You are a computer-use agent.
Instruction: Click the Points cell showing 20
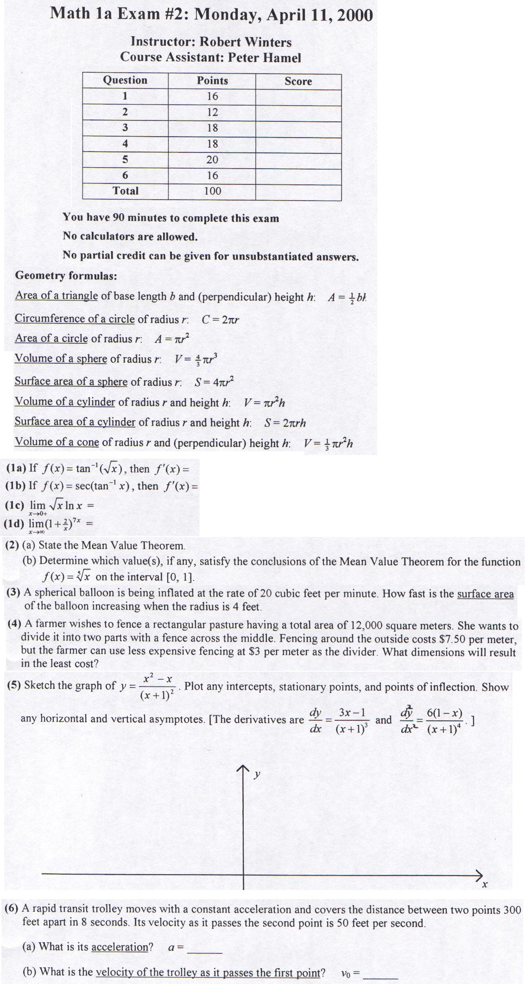pos(212,159)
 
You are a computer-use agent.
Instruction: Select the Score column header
pos(298,81)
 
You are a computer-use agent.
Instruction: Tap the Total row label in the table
pos(126,190)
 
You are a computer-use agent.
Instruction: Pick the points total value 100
pos(212,191)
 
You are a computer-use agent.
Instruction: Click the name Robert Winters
pos(246,42)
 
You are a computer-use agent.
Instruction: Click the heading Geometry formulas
pos(66,276)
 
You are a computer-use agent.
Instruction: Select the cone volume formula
pos(328,443)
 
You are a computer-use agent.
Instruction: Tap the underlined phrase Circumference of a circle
pos(75,319)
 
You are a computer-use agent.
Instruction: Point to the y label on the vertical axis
pos(257,774)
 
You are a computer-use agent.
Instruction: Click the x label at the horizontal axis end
pos(485,885)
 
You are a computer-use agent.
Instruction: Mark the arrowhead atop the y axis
pos(243,770)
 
